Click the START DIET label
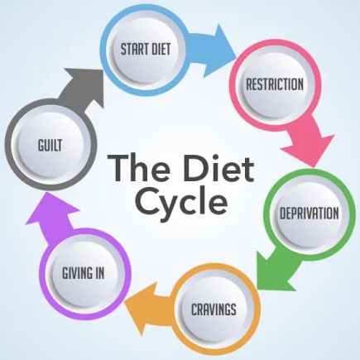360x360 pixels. [146, 49]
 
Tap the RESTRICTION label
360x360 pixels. [275, 84]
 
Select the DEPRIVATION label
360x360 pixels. [309, 213]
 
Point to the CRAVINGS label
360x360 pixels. [214, 309]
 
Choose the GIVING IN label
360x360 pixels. [84, 273]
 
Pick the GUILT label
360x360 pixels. [50, 145]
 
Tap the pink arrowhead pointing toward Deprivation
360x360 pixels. [309, 151]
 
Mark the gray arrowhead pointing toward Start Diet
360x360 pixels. [85, 84]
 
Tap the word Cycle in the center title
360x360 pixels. [182, 201]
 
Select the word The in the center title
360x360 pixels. [139, 168]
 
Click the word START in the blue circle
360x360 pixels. [132, 49]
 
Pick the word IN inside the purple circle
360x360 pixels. [99, 273]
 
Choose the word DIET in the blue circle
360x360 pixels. [159, 49]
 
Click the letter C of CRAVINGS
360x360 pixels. [194, 309]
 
